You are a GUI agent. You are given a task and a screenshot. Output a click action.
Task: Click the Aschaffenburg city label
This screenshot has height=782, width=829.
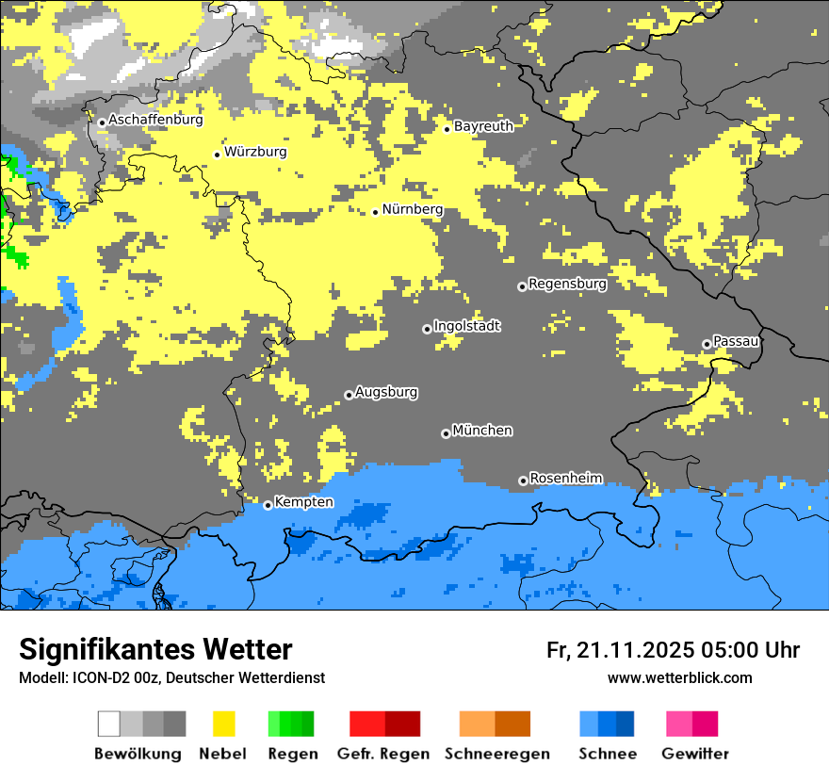coord(155,121)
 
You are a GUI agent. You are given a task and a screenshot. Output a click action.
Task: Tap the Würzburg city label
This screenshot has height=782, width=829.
coord(255,152)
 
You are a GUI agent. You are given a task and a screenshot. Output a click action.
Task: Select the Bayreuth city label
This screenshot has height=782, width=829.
coord(483,126)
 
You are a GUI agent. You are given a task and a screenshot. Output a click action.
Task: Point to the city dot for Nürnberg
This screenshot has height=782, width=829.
coord(375,212)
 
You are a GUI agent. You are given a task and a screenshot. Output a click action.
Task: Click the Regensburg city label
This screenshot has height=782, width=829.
coord(567,284)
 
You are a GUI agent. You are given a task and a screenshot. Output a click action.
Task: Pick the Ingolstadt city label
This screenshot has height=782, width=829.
coord(466,327)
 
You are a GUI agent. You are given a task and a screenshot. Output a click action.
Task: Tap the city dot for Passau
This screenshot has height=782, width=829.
coord(707,344)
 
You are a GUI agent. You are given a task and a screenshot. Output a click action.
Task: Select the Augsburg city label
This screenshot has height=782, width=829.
coord(386,393)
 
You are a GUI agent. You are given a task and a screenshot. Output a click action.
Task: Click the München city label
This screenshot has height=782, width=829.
coord(482,431)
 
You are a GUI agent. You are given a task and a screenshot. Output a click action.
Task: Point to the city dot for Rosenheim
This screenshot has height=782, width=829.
coord(523,481)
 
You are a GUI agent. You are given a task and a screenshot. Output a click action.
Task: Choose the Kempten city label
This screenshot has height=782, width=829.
coord(303,502)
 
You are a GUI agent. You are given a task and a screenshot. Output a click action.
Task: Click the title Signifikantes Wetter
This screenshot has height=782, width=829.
coord(155,649)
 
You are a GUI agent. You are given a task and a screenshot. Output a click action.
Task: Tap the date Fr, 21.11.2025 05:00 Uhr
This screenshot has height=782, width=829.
coord(673,650)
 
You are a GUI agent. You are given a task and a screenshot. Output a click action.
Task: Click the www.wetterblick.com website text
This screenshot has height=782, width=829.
coord(679,677)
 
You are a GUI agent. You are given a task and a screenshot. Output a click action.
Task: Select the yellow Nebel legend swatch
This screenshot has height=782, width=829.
coord(223,724)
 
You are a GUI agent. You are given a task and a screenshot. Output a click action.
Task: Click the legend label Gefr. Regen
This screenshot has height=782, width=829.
coord(383,754)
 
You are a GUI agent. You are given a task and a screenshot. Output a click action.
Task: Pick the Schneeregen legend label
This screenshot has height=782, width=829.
coord(497,754)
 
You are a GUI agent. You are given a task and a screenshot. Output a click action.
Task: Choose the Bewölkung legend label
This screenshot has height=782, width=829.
coord(138,754)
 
